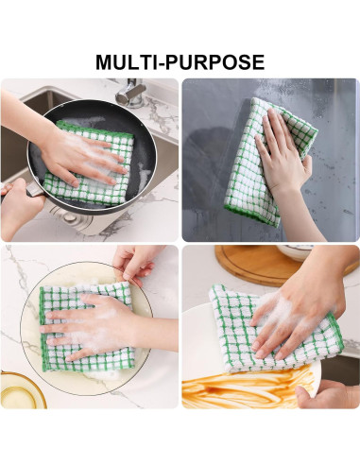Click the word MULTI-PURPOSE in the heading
pyautogui.click(x=180, y=62)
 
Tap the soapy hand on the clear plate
pyautogui.click(x=90, y=325)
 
